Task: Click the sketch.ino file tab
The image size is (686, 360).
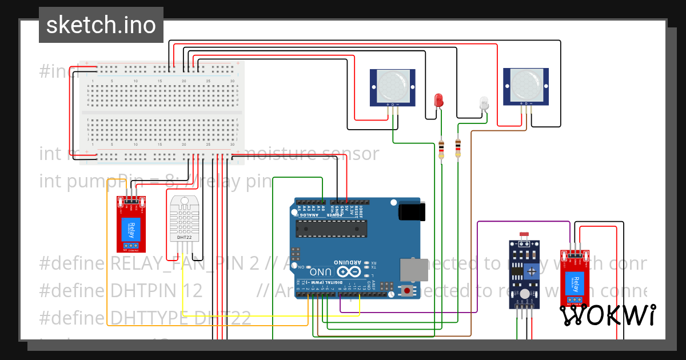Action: pos(101,25)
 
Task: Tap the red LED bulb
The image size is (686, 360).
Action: pos(439,100)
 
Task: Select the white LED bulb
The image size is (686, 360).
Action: pos(484,103)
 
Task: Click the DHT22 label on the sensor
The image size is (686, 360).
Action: pos(184,237)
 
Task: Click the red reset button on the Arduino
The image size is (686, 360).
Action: pos(407,290)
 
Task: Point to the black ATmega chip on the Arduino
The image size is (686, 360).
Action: pos(330,228)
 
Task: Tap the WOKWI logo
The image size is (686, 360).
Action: pos(607,315)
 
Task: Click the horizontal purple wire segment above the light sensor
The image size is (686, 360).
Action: pos(523,222)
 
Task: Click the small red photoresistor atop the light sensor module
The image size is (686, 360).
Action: pos(523,235)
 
